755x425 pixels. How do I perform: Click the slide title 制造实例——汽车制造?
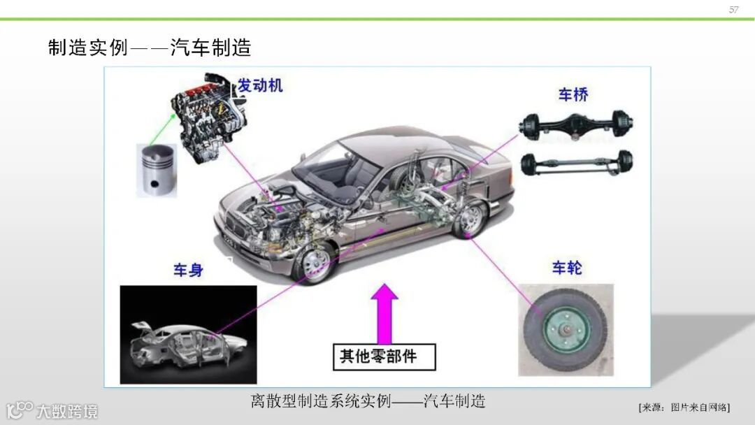[149, 48]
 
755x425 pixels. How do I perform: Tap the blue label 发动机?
[260, 86]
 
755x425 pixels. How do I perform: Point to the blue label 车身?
[188, 271]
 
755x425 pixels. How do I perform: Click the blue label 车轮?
[567, 268]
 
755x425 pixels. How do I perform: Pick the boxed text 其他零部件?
[384, 356]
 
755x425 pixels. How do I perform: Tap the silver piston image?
[157, 169]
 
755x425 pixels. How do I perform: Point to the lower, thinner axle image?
[576, 163]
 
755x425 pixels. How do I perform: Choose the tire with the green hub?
[566, 329]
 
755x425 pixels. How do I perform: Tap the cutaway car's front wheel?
[314, 263]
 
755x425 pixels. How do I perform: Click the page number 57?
[733, 10]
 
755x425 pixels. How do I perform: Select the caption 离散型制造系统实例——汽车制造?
[368, 401]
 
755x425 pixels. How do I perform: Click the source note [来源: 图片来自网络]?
[684, 407]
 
